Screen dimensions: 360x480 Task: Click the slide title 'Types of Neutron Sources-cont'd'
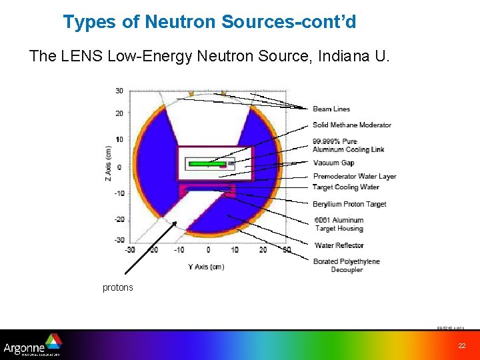(209, 22)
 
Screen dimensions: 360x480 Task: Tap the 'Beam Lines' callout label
(331, 109)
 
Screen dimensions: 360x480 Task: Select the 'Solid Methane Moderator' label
(351, 125)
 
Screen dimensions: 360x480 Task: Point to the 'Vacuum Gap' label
(333, 163)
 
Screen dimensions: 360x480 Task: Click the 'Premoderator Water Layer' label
(355, 177)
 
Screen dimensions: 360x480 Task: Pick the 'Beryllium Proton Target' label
(349, 204)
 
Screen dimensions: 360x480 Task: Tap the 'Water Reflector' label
(339, 245)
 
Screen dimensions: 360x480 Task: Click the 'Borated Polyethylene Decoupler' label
(346, 265)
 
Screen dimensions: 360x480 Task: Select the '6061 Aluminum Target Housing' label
(339, 224)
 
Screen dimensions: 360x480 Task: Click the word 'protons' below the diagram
(118, 288)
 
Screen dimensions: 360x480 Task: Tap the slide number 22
(462, 345)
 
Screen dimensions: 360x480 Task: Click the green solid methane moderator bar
(207, 163)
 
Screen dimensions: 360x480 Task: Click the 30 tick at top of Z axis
(119, 91)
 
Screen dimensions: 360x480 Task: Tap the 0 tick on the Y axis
(207, 249)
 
